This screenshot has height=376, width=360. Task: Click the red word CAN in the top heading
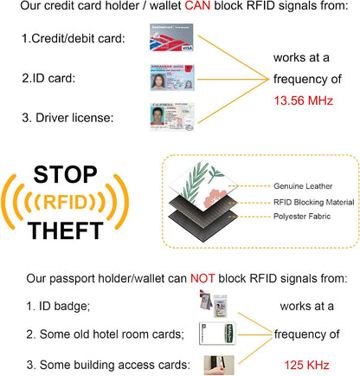pos(197,6)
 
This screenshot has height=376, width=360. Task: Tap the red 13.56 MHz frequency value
pos(304,100)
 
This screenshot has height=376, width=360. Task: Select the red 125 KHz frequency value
pos(306,365)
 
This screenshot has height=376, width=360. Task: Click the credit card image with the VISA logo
pos(171,37)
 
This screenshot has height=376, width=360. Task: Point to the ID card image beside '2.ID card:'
pos(172,77)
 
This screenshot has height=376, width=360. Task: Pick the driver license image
pos(172,117)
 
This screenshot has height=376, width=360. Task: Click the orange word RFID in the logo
pos(65,202)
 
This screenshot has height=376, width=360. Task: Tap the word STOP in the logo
pos(66,175)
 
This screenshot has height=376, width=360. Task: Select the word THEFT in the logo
pos(66,230)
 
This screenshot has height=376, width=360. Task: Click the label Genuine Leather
pos(303,186)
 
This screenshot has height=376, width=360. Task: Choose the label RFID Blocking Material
pos(314,202)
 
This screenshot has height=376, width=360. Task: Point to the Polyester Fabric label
pos(302,217)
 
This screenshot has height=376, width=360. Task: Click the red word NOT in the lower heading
pos(202,278)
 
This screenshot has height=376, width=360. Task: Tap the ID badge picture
pos(214,303)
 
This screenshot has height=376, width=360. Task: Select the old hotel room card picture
pos(217,334)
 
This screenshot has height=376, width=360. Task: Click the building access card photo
pos(219,365)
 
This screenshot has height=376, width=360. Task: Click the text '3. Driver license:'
pos(67,118)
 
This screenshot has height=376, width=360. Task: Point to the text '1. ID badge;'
pos(58,306)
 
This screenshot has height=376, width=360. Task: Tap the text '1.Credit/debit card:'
pos(74,38)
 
